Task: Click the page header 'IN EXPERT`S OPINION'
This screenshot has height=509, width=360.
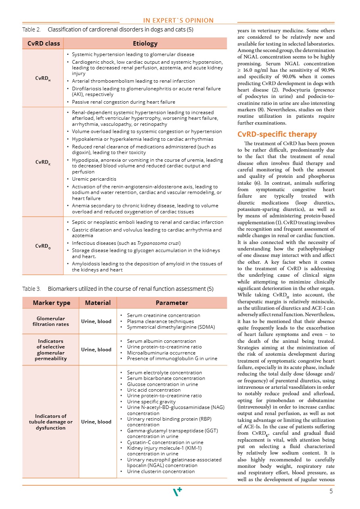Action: [x=178, y=21]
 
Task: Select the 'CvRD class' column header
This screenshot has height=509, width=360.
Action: [x=43, y=43]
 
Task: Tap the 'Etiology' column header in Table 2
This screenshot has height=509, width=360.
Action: [x=145, y=43]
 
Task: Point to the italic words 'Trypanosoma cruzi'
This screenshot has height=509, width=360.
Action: [x=159, y=243]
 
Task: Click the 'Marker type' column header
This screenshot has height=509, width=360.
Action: [x=51, y=302]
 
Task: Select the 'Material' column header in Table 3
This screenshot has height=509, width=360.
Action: [x=96, y=302]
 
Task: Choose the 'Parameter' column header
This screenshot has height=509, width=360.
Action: [x=172, y=302]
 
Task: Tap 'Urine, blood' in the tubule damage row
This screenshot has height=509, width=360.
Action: [x=96, y=422]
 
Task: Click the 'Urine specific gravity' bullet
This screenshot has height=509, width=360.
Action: [x=151, y=402]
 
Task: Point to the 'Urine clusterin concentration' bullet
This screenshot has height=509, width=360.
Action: [x=161, y=471]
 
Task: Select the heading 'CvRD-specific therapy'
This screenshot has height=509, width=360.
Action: [x=277, y=134]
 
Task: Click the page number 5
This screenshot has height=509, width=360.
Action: [x=331, y=491]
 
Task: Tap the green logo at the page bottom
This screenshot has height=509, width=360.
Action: [x=177, y=491]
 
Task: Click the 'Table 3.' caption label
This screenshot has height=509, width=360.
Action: [x=31, y=289]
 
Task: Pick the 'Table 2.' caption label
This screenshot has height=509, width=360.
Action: [x=31, y=29]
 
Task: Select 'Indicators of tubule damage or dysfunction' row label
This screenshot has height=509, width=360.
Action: [x=51, y=422]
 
